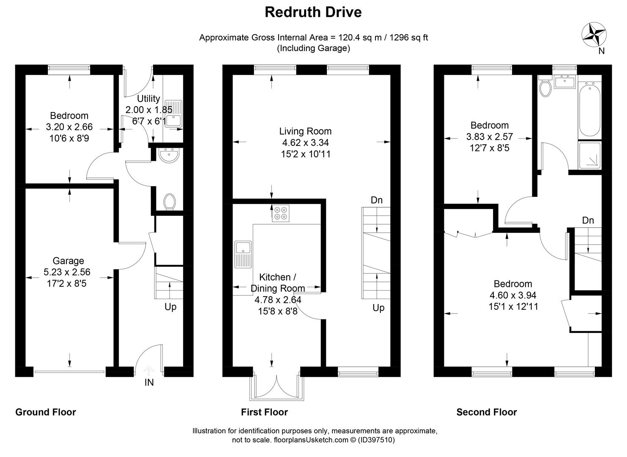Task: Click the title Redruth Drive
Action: coord(313,12)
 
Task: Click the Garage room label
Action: coord(68,261)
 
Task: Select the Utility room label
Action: coord(148,99)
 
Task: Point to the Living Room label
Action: coord(305,131)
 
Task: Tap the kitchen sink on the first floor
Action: coord(243,254)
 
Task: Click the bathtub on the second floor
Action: coord(589,110)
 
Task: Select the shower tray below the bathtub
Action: coord(589,155)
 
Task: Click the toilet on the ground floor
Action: coord(170,201)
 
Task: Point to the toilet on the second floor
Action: coord(545,87)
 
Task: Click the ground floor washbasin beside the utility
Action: coord(170,155)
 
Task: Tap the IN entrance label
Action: coord(149,383)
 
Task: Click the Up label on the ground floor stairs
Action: coord(170,307)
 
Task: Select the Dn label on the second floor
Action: coord(588,220)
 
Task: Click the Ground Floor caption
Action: coord(46,412)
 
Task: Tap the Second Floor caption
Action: coord(486,412)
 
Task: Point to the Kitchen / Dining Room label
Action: coord(277,283)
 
